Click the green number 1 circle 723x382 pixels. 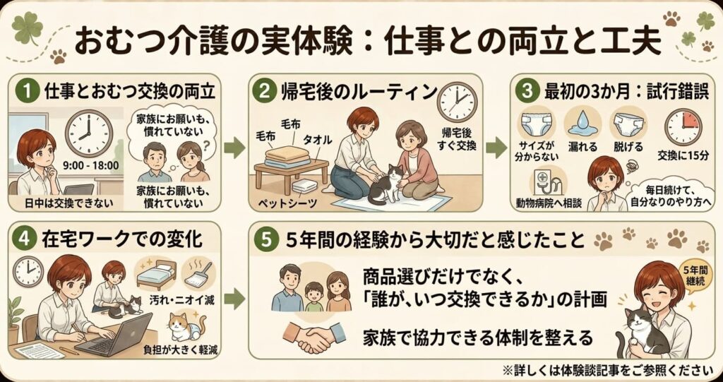pos(28,92)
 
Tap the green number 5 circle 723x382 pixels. pos(266,240)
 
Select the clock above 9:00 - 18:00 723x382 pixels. pos(88,133)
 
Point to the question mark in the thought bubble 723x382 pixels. pos(206,145)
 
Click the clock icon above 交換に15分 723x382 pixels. pos(683,127)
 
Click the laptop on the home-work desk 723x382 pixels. pos(116,334)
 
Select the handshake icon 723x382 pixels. pos(313,336)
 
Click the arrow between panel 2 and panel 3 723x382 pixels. pos(496,147)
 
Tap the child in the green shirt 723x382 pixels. pos(314,297)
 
